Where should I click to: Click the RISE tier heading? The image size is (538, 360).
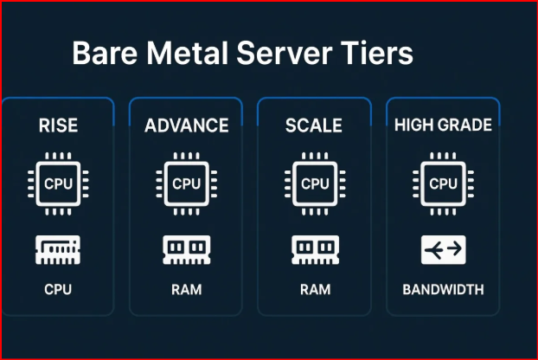coord(58,125)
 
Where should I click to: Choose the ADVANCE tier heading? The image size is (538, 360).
coord(186,125)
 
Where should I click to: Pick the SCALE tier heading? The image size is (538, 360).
coord(314,125)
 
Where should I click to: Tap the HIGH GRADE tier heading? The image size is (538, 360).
coord(443,125)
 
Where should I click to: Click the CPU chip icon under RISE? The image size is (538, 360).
coord(58,183)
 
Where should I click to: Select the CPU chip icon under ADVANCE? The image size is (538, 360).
coord(186,183)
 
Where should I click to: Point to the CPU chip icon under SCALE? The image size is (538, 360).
coord(314,183)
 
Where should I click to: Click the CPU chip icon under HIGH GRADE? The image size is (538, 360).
coord(443,183)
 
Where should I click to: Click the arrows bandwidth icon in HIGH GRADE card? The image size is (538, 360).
coord(443,250)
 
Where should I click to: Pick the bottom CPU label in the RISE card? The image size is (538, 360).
coord(58,289)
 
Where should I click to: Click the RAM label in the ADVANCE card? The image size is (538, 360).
coord(186,289)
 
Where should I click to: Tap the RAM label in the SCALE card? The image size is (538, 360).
coord(314,289)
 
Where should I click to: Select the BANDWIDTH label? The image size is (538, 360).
coord(443,289)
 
